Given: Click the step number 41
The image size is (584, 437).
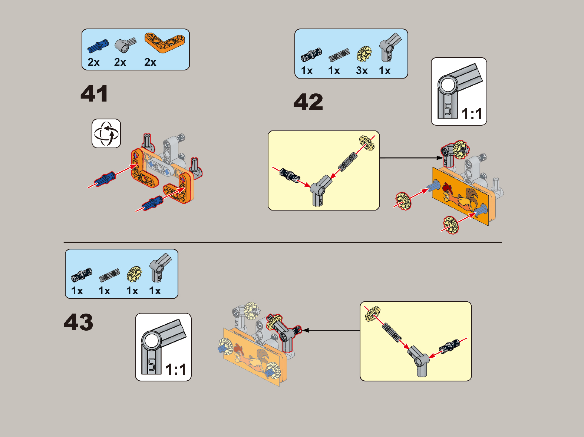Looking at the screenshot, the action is [94, 94].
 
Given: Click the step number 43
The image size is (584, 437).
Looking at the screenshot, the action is [79, 322].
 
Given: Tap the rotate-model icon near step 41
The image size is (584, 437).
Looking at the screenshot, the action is [106, 133].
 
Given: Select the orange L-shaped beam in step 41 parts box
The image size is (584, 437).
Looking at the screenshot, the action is [164, 43].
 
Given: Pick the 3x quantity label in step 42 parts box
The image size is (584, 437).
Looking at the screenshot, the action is [362, 70].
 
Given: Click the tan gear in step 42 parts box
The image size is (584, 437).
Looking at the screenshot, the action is [364, 54].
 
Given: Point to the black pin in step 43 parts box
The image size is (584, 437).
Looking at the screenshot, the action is [82, 275].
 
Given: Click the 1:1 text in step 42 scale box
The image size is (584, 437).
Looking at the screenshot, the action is [472, 114].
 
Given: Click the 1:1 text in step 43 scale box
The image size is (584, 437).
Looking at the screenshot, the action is [176, 370].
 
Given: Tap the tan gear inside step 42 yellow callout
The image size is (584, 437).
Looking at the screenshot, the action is [367, 143].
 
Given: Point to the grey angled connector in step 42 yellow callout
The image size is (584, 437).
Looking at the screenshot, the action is [321, 189].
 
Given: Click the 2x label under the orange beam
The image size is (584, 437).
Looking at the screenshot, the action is [150, 62].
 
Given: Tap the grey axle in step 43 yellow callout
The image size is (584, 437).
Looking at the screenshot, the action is [392, 332].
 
